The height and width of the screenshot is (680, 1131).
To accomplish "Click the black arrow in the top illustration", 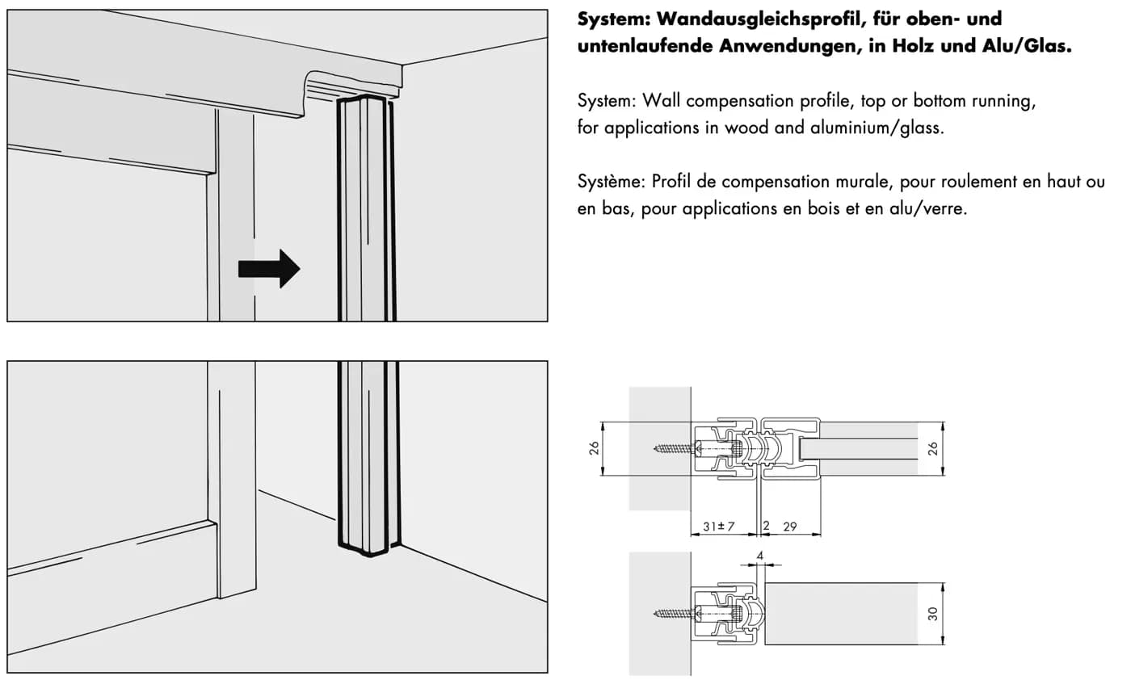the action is [x=269, y=269].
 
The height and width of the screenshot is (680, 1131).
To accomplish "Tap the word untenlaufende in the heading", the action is [x=645, y=46].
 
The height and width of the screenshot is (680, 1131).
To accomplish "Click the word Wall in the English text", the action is [x=662, y=100].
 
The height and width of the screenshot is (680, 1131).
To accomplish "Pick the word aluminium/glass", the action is [x=877, y=128].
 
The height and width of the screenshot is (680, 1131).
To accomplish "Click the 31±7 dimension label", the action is [x=718, y=527].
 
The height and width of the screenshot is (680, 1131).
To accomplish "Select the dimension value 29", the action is [x=790, y=527].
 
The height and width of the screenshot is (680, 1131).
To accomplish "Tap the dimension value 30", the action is [x=932, y=613].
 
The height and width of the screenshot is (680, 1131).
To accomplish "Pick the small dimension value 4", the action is [x=760, y=556].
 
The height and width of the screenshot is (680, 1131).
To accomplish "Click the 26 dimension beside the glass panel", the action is [x=932, y=448].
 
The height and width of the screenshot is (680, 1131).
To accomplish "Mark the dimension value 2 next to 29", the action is [x=766, y=526].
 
